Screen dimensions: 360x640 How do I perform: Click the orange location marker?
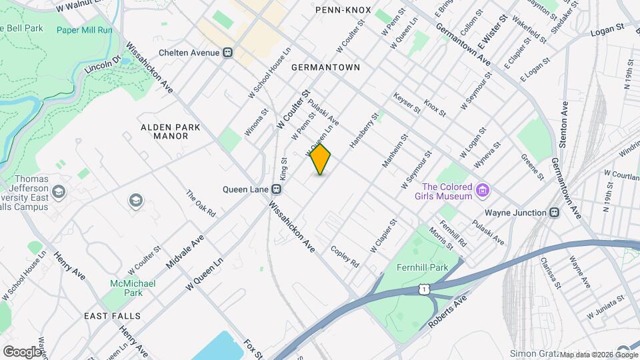click(x=320, y=159)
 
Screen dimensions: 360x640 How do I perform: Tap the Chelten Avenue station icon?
click(x=228, y=52)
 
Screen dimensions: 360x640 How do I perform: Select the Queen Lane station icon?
click(x=275, y=189)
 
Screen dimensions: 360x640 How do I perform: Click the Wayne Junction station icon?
click(x=554, y=213)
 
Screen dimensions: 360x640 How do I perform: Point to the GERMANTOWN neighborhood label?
click(x=325, y=67)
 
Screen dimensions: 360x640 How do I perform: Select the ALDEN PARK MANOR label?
click(x=165, y=131)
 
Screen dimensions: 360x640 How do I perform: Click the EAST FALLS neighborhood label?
click(x=112, y=315)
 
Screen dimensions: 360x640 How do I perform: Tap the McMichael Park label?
click(x=133, y=288)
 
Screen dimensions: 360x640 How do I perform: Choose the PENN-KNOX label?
click(x=339, y=9)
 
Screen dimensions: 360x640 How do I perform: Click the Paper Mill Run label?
click(x=85, y=29)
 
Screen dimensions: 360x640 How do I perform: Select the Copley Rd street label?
click(x=345, y=257)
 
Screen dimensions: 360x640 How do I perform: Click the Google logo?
click(x=22, y=351)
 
